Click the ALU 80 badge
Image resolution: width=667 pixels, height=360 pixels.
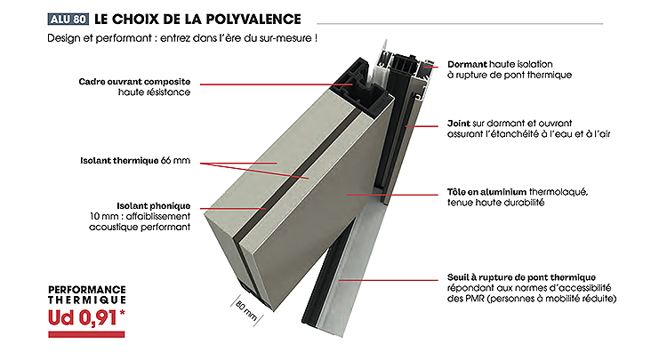point(68,20)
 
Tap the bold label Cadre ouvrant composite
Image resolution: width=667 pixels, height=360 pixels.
point(134,82)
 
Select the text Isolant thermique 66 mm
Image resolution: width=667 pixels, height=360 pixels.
point(135,161)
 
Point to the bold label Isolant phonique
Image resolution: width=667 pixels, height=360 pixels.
point(154,205)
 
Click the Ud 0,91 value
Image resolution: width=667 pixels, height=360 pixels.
point(82,318)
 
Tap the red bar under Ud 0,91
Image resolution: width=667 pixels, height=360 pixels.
point(86,334)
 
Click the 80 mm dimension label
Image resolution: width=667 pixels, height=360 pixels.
point(245,311)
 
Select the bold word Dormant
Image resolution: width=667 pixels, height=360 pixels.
point(467,64)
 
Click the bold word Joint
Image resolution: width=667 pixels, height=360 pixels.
point(459,124)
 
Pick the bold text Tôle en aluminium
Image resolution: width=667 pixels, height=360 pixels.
point(486,192)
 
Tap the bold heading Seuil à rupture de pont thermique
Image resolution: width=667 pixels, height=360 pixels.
point(521,277)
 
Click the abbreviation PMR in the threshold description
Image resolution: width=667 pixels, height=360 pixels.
point(475,299)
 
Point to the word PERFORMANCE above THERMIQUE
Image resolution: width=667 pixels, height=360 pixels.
point(87,290)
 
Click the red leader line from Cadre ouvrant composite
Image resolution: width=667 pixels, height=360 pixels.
point(277,84)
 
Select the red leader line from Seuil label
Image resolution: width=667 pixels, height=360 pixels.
point(389,280)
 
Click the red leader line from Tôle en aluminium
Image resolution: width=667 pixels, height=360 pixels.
point(392,195)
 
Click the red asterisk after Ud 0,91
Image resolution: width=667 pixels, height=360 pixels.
point(123,313)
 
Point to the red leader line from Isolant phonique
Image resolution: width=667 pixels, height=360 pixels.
point(233,208)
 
